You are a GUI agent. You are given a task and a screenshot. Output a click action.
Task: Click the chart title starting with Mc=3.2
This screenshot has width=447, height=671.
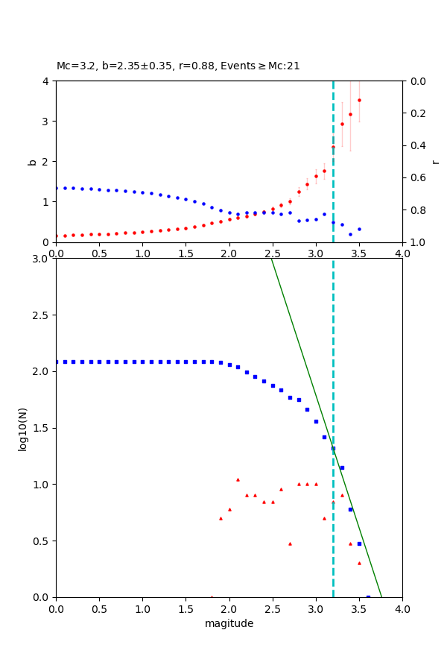tap(178, 66)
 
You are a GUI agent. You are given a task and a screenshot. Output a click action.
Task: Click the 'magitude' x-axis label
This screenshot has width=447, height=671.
tap(229, 623)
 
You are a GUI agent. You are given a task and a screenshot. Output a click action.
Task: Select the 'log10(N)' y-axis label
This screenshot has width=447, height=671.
tap(23, 428)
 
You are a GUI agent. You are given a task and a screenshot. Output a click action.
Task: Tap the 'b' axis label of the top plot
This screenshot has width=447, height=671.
tap(32, 161)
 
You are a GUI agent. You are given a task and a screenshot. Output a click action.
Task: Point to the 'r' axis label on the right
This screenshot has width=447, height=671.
tap(435, 161)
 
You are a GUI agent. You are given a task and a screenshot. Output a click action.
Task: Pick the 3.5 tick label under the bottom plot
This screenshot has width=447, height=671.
tap(359, 608)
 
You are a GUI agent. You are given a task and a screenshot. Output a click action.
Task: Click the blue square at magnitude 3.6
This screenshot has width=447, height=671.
tap(368, 596)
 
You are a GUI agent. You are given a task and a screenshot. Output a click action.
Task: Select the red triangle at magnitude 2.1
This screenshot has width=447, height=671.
tap(238, 479)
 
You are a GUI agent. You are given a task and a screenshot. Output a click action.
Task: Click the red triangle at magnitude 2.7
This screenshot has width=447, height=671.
tap(290, 544)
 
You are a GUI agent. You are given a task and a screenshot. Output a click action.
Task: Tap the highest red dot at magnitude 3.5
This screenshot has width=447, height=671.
tap(359, 100)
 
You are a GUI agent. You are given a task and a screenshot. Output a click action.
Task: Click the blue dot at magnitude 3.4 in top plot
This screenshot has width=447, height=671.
tap(350, 234)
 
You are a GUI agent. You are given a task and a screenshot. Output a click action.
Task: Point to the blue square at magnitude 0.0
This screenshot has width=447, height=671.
tap(57, 362)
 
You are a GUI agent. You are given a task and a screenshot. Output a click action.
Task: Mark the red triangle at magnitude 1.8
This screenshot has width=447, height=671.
tap(212, 596)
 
